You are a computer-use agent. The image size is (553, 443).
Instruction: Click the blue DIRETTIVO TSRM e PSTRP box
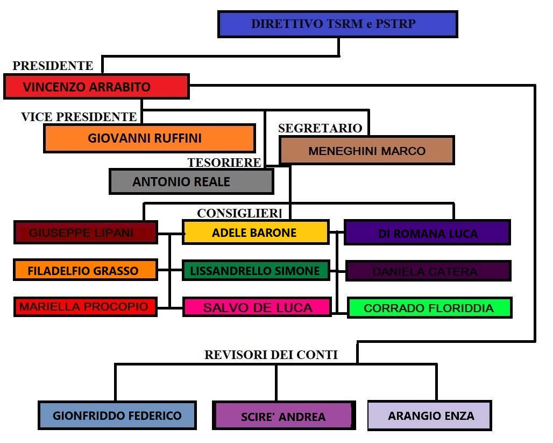coord(337,24)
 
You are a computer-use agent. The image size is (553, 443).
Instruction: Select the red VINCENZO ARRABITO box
coord(96,87)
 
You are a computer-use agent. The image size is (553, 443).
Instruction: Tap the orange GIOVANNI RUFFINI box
coord(149,138)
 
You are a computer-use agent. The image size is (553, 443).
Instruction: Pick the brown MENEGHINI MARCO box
coord(366,150)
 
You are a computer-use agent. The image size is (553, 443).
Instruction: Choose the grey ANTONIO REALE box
coord(191,181)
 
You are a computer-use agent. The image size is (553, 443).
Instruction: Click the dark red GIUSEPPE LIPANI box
coord(85,233)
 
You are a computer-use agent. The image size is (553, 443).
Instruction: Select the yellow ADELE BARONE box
coord(255,233)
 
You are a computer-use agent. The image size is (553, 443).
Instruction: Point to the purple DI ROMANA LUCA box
coord(427,233)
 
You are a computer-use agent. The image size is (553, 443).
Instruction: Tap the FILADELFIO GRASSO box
coord(85,270)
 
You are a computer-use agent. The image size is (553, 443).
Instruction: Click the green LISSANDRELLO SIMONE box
coord(255,270)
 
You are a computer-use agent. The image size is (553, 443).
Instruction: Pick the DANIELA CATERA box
coord(428,271)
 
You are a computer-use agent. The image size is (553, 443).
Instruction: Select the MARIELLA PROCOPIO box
coord(85,307)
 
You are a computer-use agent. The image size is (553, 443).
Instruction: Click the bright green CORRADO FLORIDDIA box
coord(429,308)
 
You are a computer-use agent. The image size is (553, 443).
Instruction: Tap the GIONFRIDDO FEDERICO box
coord(117,415)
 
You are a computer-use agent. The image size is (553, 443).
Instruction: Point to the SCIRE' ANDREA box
coord(283,416)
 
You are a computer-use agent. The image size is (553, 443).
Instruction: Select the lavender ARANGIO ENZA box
coord(429,416)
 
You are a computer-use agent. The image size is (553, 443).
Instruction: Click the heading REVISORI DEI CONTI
coord(271,354)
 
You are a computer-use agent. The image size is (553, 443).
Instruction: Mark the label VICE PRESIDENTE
coord(79,116)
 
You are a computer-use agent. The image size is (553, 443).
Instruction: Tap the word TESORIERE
coord(224,162)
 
